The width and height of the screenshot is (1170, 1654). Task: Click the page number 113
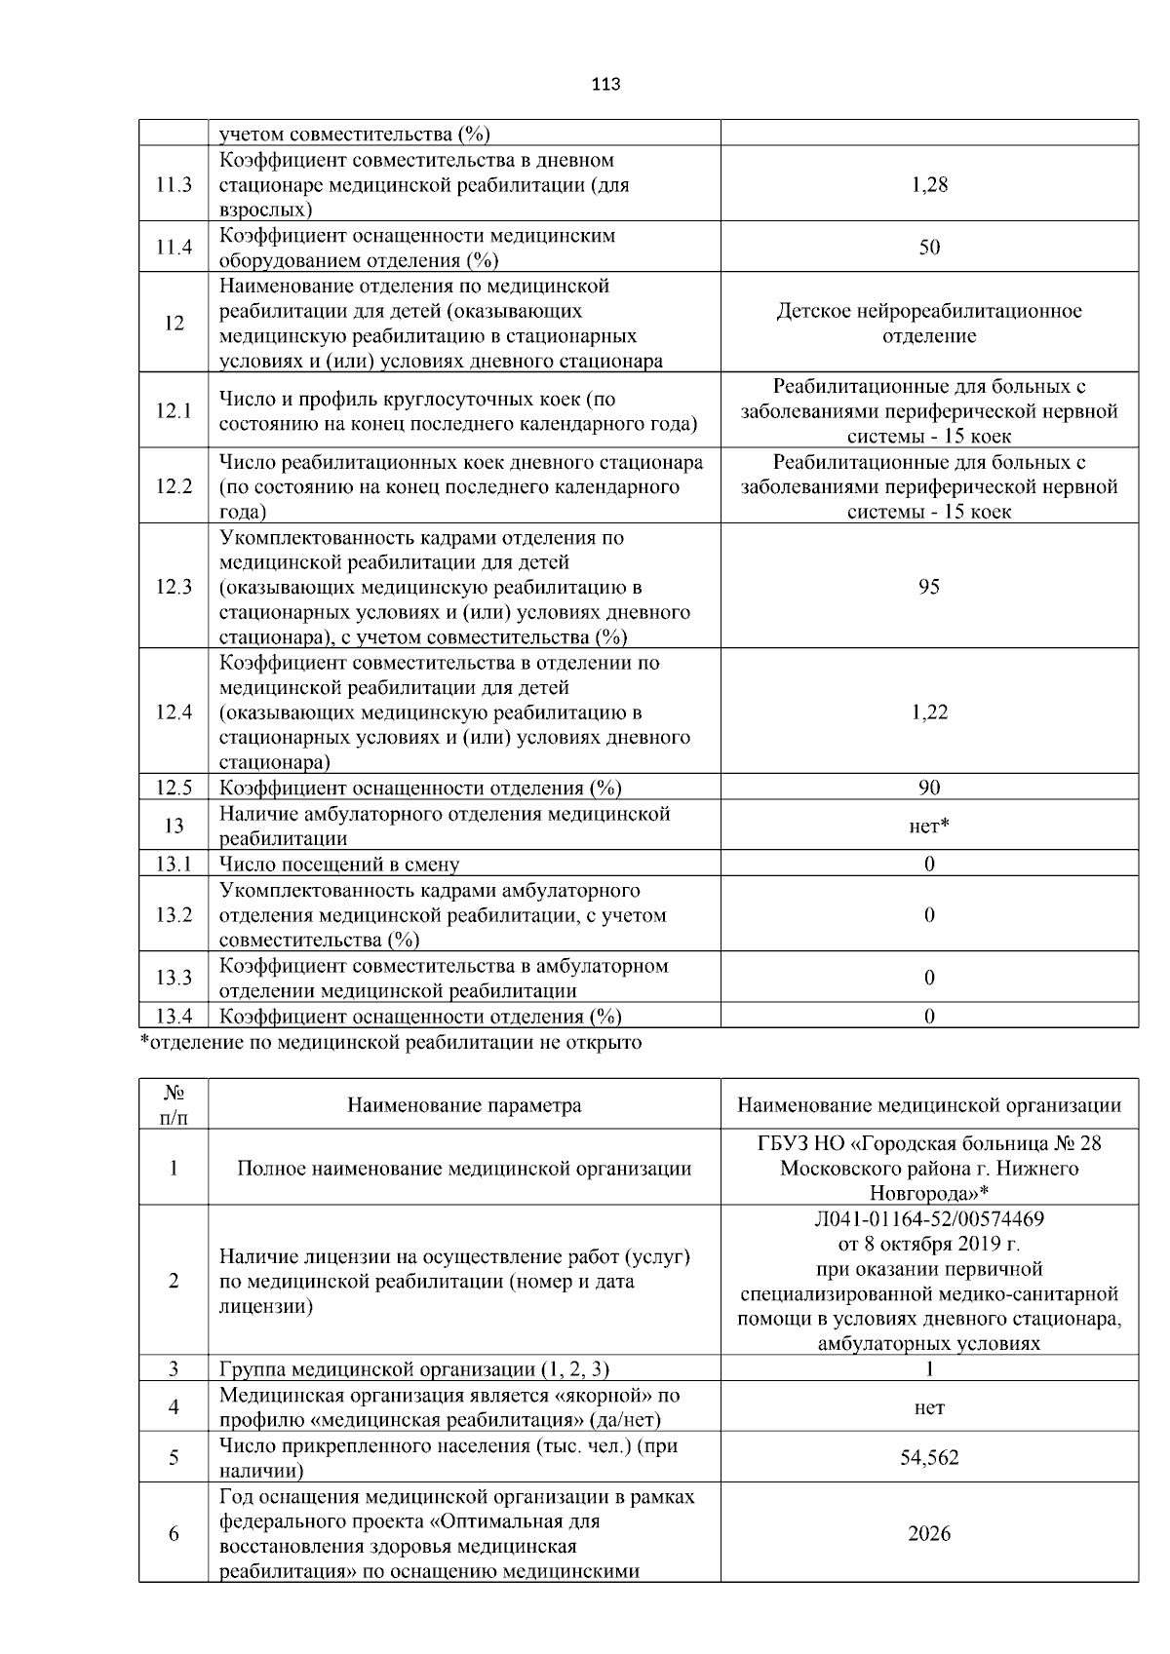[605, 84]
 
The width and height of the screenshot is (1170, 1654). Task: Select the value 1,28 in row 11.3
[929, 184]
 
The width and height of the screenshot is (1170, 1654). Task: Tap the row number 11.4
[174, 248]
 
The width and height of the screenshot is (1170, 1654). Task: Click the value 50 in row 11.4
[929, 248]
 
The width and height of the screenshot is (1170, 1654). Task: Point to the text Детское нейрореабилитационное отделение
[929, 324]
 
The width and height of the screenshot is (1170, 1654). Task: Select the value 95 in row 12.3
[929, 587]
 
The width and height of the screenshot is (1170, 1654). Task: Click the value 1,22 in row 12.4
[929, 712]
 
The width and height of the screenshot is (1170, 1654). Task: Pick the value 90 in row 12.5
[929, 788]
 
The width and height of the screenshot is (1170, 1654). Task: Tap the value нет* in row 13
[929, 827]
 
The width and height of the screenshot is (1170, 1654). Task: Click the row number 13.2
[174, 915]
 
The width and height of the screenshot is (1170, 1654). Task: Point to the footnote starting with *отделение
[391, 1043]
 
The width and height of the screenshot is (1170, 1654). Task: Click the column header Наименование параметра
[464, 1105]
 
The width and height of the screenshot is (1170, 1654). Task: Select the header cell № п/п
[174, 1105]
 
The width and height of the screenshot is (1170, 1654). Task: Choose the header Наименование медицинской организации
[929, 1105]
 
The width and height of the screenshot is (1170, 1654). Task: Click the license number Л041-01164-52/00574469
[929, 1218]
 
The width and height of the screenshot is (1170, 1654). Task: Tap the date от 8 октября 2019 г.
[929, 1244]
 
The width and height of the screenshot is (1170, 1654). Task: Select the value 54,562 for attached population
[929, 1458]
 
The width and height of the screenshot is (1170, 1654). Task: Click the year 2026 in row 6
[929, 1534]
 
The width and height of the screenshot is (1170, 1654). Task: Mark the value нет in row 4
[929, 1407]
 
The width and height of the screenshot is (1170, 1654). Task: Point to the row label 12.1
[174, 411]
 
